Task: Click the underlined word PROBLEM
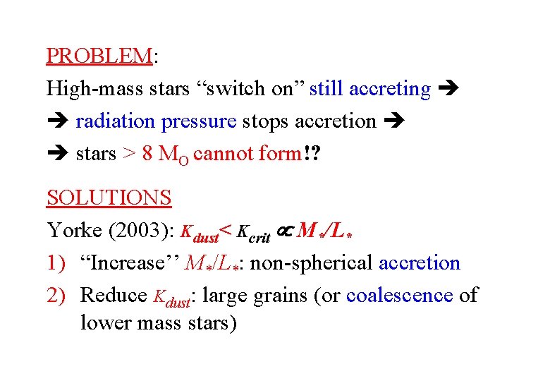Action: (99, 56)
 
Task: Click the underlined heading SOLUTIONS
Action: (109, 198)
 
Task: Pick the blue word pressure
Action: (199, 121)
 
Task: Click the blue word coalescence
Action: (399, 296)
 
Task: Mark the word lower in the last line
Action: (109, 323)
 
